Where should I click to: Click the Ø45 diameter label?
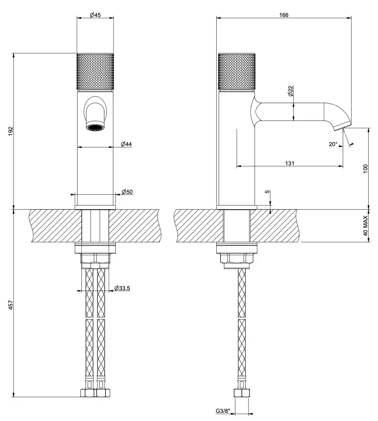[95, 15]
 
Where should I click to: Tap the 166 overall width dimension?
[284, 15]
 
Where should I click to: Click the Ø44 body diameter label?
[126, 144]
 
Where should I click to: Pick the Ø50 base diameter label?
[127, 192]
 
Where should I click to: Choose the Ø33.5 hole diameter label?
[122, 288]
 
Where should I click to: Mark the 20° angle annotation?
[333, 144]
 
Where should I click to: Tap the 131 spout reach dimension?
[290, 163]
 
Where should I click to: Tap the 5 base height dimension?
[267, 192]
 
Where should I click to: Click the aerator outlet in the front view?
[95, 127]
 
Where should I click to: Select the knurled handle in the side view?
[237, 72]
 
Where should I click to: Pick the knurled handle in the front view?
[95, 72]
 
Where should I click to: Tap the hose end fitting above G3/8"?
[241, 393]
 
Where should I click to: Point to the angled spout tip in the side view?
[342, 124]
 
